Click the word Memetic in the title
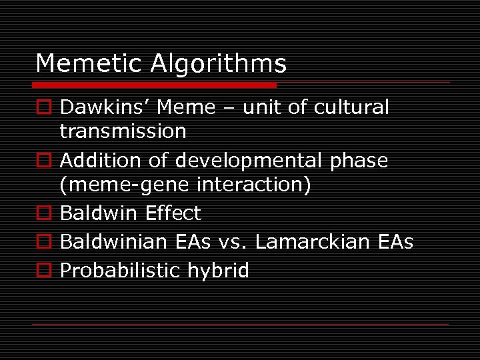(x=89, y=64)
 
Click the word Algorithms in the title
(x=219, y=65)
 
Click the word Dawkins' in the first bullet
(x=98, y=107)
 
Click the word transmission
(x=123, y=131)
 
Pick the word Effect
(x=173, y=213)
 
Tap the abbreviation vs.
(x=233, y=242)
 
